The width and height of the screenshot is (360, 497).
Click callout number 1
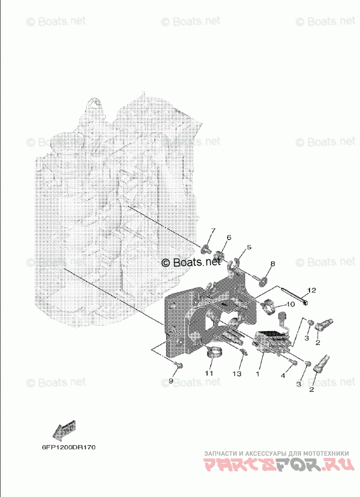257,374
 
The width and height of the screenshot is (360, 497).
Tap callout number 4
282,376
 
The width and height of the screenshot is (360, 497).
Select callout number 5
248,247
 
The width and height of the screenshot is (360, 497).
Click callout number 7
212,231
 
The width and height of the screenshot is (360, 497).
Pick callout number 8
272,264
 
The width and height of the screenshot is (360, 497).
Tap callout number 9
170,381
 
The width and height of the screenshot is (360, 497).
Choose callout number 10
291,304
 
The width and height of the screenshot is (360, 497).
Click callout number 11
209,373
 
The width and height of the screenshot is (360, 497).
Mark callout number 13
237,374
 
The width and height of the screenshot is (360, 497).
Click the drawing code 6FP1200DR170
68,447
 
